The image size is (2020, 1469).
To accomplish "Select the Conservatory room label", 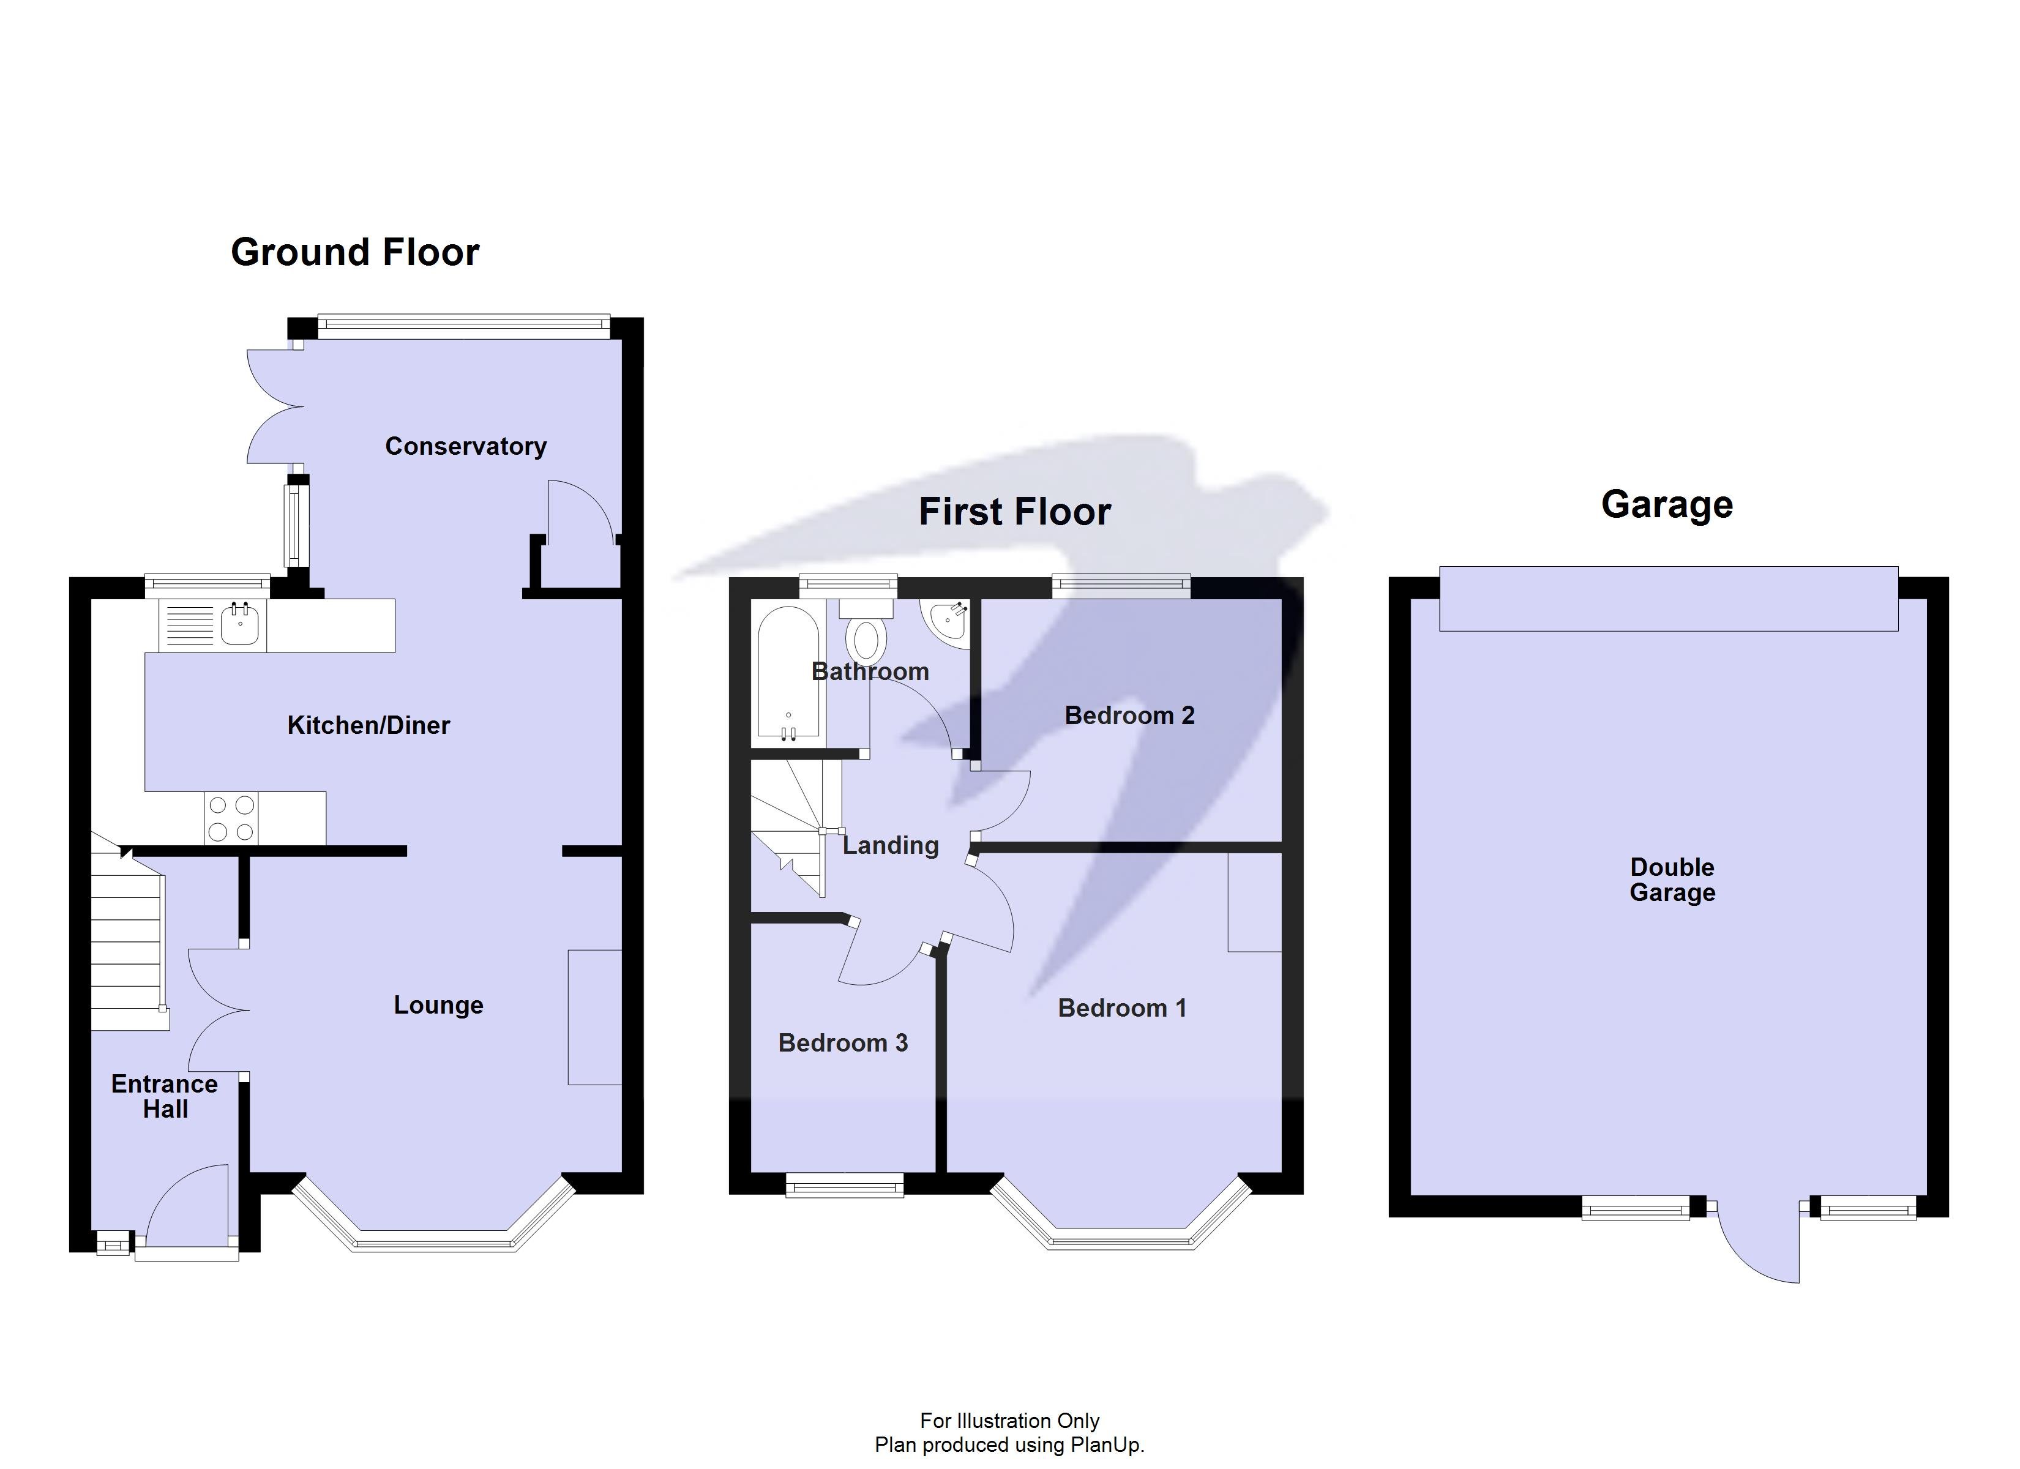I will [x=465, y=446].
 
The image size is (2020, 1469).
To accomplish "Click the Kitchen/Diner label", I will [x=368, y=725].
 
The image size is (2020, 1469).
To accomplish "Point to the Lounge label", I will [x=438, y=1005].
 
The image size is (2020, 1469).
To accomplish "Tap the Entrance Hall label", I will [x=165, y=1097].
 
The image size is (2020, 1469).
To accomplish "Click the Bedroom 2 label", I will [x=1129, y=716].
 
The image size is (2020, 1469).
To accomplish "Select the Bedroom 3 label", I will [x=842, y=1043].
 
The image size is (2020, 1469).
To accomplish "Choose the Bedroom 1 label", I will [x=1122, y=1009].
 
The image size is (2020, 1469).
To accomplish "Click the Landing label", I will [x=891, y=845].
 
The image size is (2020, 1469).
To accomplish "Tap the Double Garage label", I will [x=1672, y=880].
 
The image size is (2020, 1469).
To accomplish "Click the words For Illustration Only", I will [x=1009, y=1420].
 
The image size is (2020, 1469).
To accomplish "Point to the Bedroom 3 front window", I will [x=844, y=1186].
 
